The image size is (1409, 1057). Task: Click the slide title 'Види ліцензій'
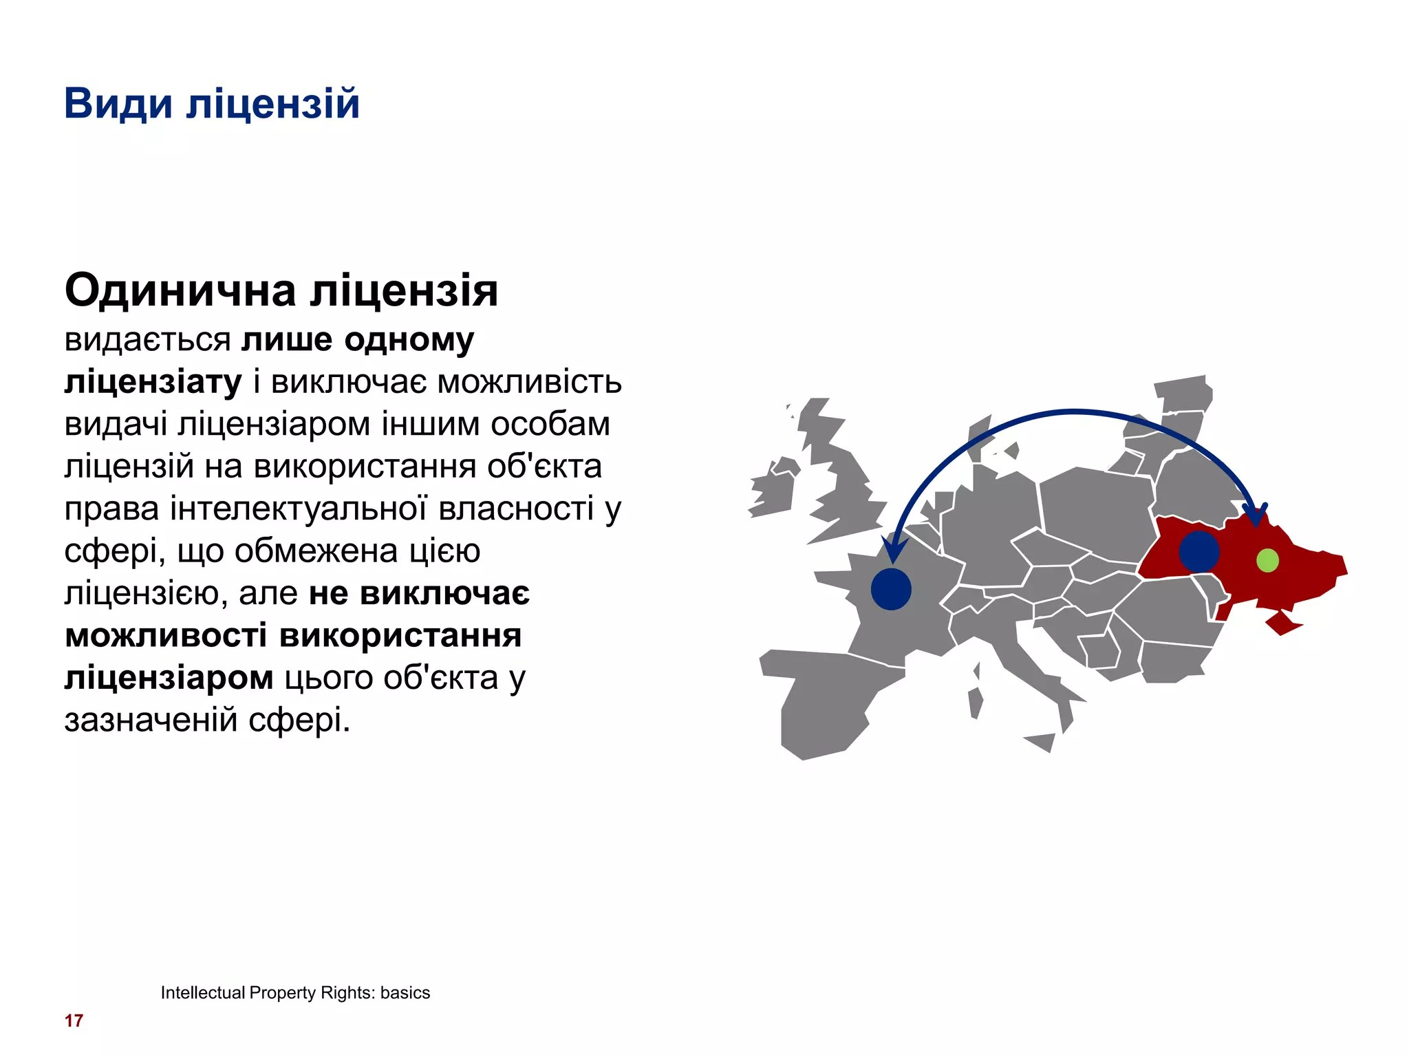[211, 104]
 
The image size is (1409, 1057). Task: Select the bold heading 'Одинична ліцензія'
[281, 290]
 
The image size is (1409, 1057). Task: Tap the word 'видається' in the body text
[147, 340]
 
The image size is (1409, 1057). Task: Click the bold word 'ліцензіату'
[153, 382]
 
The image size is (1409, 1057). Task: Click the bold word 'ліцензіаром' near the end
[169, 678]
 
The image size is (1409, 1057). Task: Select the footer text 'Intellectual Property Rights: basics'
[295, 992]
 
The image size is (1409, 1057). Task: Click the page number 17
[74, 1021]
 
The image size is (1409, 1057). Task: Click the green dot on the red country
[1267, 560]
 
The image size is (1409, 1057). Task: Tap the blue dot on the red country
[1199, 551]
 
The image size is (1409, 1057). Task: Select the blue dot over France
[891, 589]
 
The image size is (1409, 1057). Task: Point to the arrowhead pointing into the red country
[1256, 517]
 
